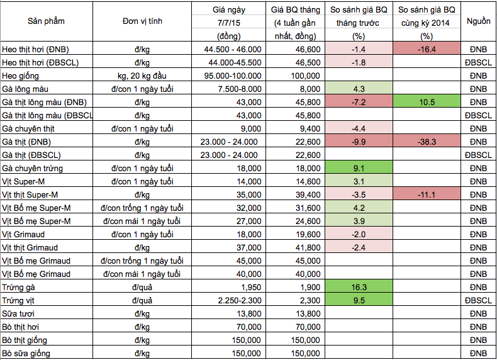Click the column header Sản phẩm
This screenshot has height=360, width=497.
[46, 21]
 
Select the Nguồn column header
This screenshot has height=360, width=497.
[479, 21]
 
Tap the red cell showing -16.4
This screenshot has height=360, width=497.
[427, 48]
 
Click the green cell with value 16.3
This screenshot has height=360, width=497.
[360, 286]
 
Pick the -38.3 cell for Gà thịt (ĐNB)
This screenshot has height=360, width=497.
[427, 142]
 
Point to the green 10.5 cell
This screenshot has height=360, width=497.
[427, 102]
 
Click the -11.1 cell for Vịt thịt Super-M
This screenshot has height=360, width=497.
[427, 194]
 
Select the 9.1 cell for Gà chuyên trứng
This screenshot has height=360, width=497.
[360, 168]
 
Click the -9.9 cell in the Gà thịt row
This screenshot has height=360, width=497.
[360, 142]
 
